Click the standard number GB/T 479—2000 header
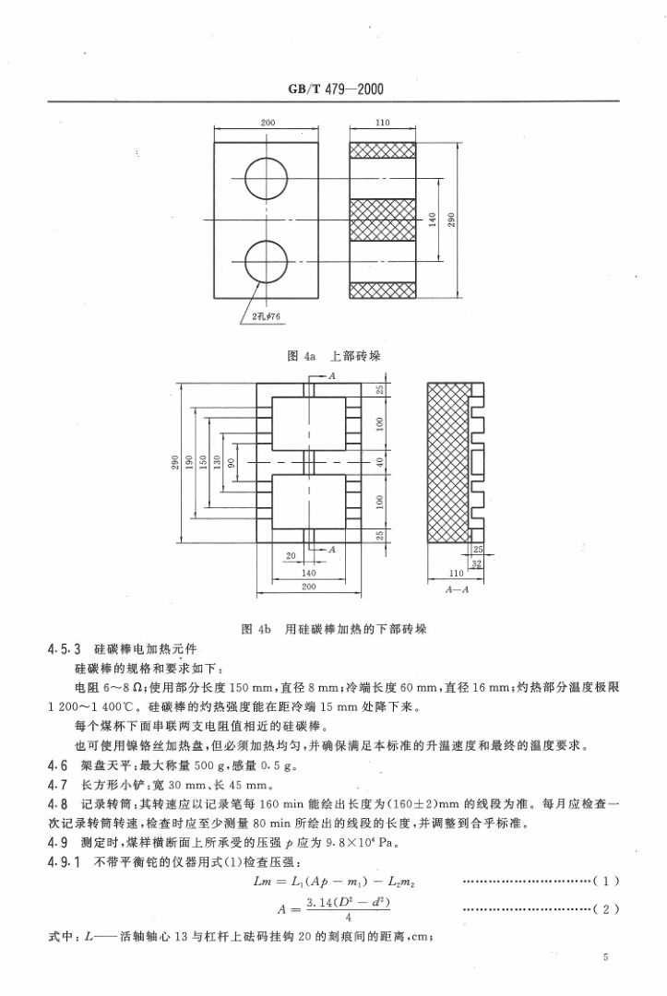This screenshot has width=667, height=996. coord(333,90)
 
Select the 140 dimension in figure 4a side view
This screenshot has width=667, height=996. coord(431,220)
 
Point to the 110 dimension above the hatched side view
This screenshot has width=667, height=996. coord(383,122)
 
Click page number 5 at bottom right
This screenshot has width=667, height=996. coord(605,958)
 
